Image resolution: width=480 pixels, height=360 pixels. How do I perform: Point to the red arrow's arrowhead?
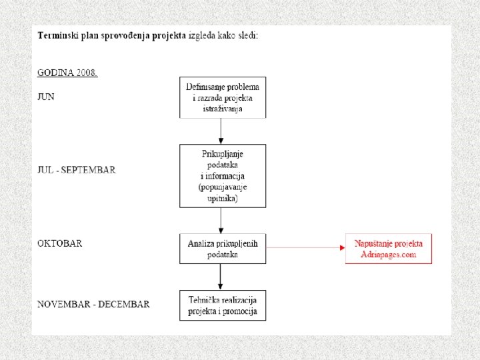[343, 247]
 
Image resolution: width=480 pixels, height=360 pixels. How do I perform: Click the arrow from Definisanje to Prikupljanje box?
[221, 131]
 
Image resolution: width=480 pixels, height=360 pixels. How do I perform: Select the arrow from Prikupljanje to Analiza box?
[221, 221]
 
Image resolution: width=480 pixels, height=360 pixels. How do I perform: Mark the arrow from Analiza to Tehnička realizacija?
[221, 277]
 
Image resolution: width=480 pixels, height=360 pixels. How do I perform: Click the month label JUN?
[46, 97]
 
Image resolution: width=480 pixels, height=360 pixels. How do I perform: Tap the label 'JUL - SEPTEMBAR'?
[77, 170]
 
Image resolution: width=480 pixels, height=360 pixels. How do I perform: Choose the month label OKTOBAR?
[60, 243]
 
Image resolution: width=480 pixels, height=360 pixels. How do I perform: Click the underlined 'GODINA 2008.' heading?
[67, 73]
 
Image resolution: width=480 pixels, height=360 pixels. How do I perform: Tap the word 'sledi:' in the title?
[248, 35]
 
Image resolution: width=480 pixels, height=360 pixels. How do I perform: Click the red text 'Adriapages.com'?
[389, 255]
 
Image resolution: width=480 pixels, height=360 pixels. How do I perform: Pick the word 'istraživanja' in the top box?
[223, 109]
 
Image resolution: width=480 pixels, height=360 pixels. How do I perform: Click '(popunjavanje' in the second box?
[223, 187]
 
